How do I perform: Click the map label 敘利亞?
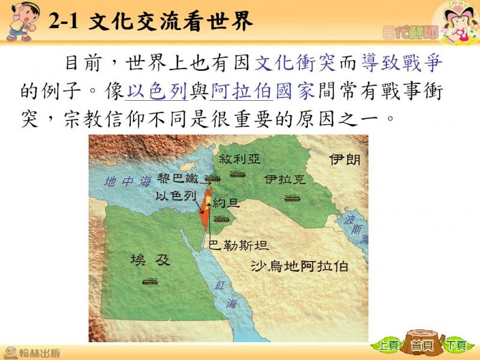[x=239, y=159]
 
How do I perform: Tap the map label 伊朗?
[x=345, y=160]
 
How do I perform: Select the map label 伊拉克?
[x=285, y=179]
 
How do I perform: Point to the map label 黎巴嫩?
[x=178, y=178]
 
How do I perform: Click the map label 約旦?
[x=226, y=203]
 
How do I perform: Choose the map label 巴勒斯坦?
[x=239, y=245]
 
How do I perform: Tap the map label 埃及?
[x=150, y=260]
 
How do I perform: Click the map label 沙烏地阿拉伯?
[x=299, y=266]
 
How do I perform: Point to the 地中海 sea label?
[x=128, y=182]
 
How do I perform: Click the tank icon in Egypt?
[x=150, y=281]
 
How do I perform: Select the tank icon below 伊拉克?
[x=292, y=199]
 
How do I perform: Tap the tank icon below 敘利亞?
[x=238, y=175]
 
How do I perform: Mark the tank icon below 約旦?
[x=221, y=219]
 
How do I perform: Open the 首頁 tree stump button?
[x=423, y=343]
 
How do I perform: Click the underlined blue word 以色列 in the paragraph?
[x=157, y=91]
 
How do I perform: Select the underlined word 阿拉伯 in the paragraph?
[x=242, y=91]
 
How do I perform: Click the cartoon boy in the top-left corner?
[x=22, y=22]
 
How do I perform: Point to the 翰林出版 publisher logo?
[x=32, y=353]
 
